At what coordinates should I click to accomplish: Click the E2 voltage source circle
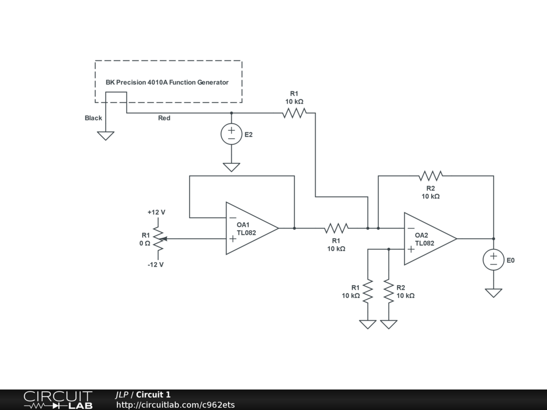click(231, 134)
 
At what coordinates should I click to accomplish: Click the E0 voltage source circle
click(493, 260)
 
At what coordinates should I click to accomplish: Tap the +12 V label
click(157, 212)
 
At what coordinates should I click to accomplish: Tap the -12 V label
click(155, 265)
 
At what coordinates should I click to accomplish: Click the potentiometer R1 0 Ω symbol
click(159, 239)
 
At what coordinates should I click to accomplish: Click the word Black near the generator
click(93, 118)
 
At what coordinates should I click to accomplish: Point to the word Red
click(165, 118)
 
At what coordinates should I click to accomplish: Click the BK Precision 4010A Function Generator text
click(167, 82)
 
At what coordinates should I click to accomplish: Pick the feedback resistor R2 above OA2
click(431, 176)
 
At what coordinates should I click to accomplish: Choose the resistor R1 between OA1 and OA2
click(337, 228)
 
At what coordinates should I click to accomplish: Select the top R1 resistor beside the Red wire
click(294, 113)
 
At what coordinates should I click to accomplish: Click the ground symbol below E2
click(231, 167)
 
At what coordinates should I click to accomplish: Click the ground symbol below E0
click(493, 293)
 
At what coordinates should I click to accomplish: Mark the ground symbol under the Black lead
click(106, 136)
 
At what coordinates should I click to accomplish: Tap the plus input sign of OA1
click(233, 239)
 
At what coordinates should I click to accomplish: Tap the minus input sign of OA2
click(411, 228)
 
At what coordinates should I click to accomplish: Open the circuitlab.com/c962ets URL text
click(175, 405)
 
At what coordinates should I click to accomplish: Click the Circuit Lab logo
click(58, 400)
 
